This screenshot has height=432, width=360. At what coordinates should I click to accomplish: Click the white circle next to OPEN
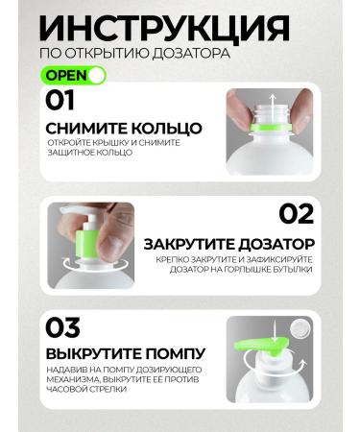[x=96, y=74]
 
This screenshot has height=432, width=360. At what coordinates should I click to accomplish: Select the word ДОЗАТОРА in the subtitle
[x=192, y=53]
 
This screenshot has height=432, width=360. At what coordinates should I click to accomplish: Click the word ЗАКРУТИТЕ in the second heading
[x=185, y=244]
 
